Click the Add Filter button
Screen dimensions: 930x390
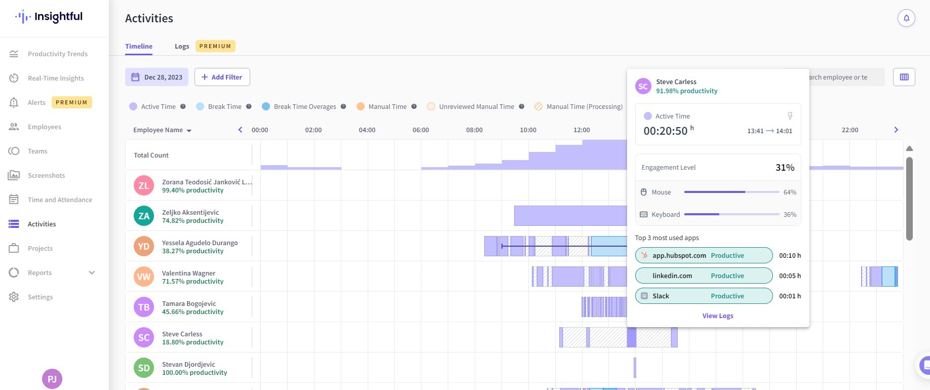(222, 77)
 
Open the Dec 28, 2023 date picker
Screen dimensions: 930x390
(157, 77)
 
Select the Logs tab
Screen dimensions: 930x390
(182, 46)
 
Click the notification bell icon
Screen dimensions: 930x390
(906, 18)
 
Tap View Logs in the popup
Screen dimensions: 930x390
(718, 316)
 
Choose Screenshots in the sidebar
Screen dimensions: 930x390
(46, 175)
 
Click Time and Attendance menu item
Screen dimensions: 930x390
(60, 200)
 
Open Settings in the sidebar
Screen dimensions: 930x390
(40, 297)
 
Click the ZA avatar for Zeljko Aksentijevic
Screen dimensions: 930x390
(144, 216)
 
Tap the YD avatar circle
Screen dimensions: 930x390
(144, 246)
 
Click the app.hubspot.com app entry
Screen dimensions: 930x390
(704, 255)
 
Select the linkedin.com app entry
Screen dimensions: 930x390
(704, 276)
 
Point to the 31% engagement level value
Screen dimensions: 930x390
(785, 167)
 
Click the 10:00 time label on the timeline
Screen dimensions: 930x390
(528, 130)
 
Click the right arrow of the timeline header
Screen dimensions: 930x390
(896, 130)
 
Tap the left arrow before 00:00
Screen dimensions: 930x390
(241, 130)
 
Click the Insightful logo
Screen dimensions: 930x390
(49, 17)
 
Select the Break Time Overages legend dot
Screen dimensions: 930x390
(266, 106)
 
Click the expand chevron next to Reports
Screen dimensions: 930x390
(92, 272)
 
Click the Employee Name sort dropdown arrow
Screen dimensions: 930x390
(189, 131)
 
